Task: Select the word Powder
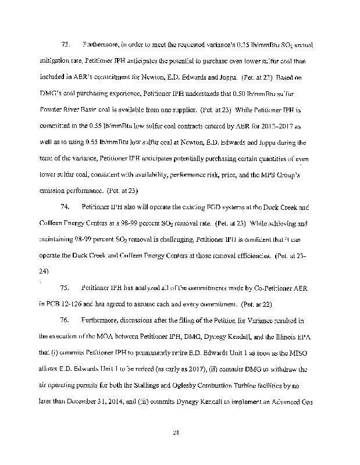(x=53, y=109)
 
